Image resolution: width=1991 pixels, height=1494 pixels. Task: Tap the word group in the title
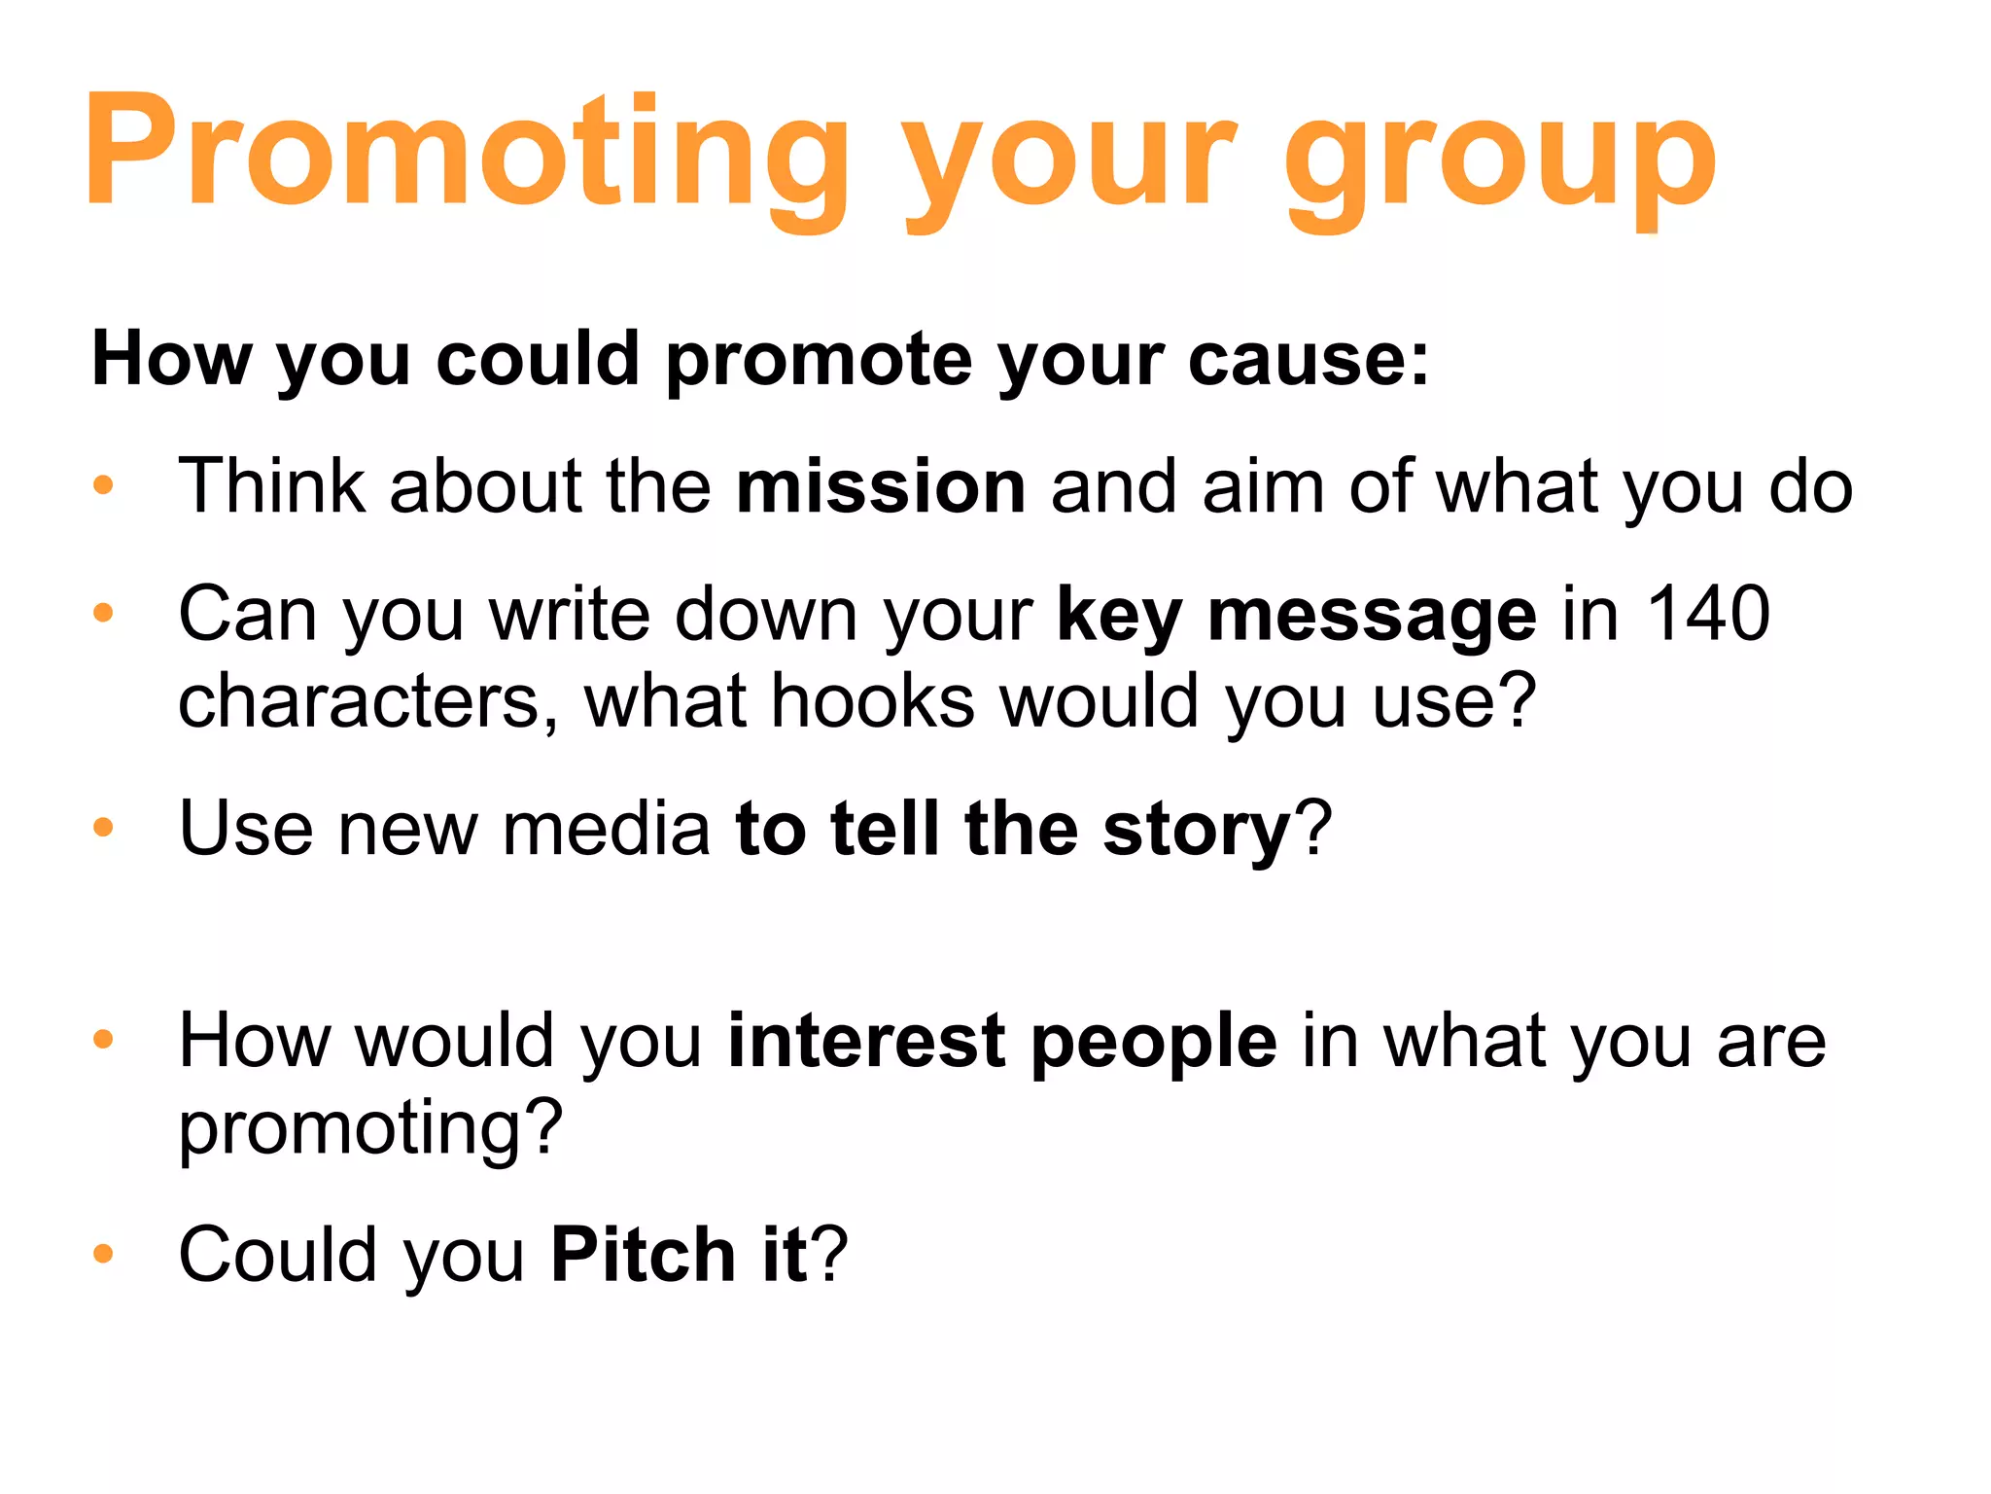pyautogui.click(x=1500, y=160)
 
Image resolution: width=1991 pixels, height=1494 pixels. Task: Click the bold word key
pyautogui.click(x=1119, y=616)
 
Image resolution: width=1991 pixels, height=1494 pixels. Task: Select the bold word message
pyautogui.click(x=1372, y=618)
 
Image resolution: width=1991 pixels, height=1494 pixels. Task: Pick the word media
pyautogui.click(x=607, y=829)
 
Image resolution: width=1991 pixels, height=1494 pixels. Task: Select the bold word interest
pyautogui.click(x=866, y=1041)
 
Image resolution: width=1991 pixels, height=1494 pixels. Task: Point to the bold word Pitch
pyautogui.click(x=643, y=1255)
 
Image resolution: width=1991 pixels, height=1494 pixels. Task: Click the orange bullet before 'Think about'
pyautogui.click(x=103, y=484)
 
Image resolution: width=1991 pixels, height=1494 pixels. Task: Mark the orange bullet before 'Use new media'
pyautogui.click(x=103, y=828)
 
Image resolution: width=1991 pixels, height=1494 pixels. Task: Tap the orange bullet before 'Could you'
pyautogui.click(x=103, y=1254)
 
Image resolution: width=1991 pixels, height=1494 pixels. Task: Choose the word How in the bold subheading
pyautogui.click(x=171, y=359)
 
